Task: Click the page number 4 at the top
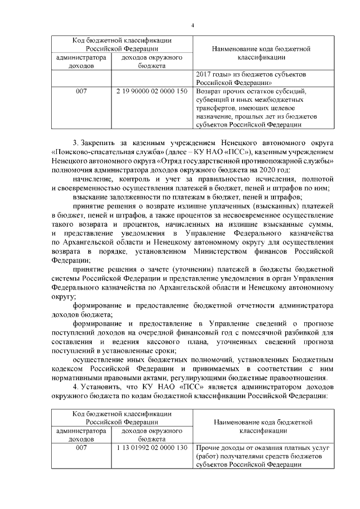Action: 192,26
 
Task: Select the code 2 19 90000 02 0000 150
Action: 152,91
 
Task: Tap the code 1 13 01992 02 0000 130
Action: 152,448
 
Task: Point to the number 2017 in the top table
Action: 204,74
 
